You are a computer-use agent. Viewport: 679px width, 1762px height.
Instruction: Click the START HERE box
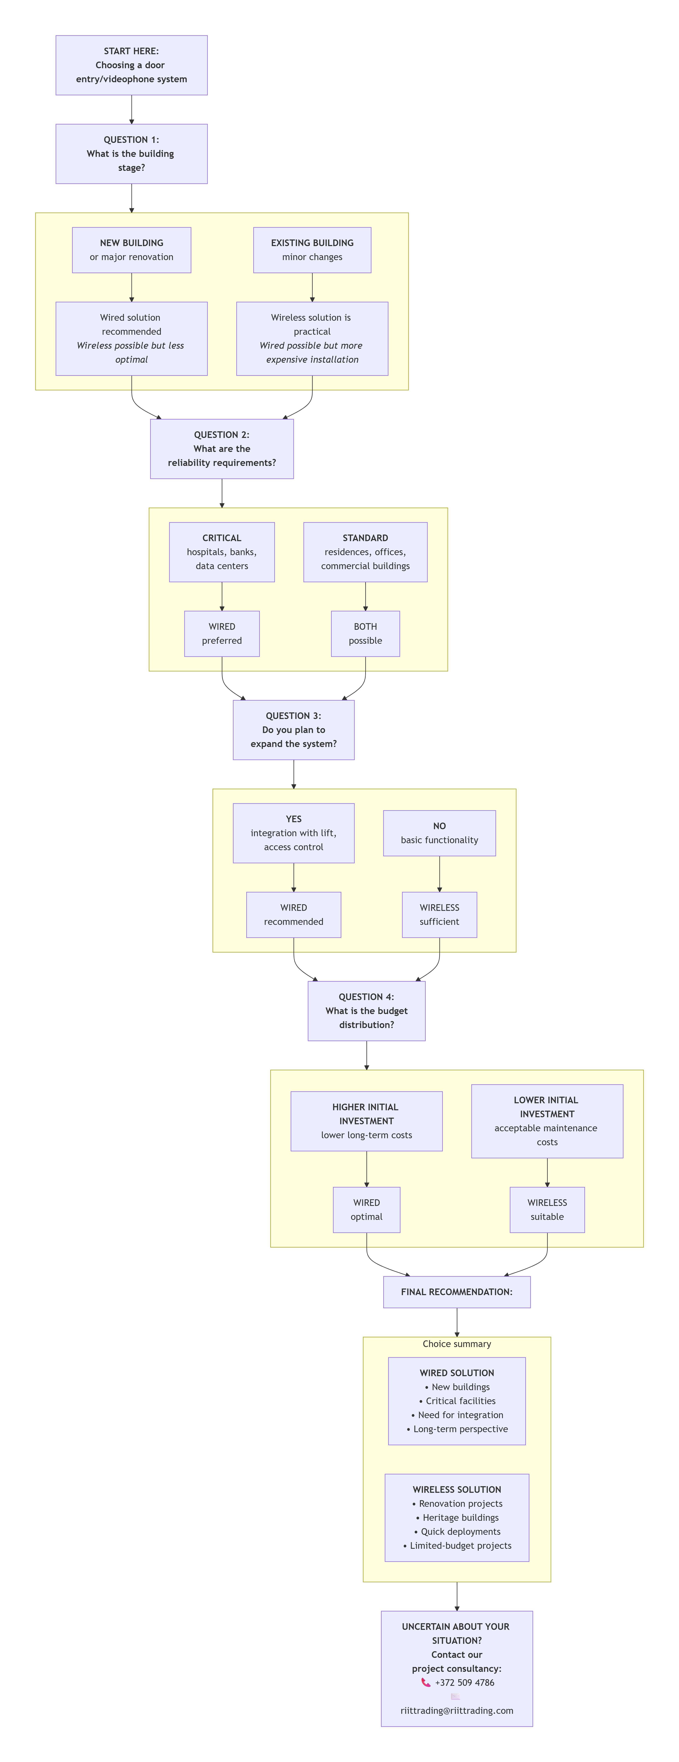(131, 65)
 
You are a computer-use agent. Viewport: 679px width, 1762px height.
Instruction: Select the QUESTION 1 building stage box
(131, 154)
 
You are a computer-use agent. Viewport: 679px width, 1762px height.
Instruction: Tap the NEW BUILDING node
(131, 250)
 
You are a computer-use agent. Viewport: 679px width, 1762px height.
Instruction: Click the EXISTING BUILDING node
(312, 250)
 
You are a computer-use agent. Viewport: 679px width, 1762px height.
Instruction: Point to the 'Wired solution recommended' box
(131, 339)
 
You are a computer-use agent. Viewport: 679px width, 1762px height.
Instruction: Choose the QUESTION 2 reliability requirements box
(221, 449)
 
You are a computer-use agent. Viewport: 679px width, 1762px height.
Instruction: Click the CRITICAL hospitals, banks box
(221, 552)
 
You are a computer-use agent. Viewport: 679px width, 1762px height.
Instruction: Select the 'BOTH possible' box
(365, 633)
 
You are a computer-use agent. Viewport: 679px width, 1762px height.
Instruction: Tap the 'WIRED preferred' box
(221, 633)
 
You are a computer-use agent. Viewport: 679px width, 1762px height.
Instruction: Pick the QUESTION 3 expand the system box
(293, 730)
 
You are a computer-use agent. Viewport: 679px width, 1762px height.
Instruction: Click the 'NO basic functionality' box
(439, 833)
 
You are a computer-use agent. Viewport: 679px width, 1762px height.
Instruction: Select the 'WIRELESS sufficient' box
(439, 915)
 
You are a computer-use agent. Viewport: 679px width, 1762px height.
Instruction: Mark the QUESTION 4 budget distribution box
(367, 1011)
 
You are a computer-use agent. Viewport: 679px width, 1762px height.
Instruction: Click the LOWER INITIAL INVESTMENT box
(547, 1121)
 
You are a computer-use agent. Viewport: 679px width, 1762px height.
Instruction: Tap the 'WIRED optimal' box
(367, 1209)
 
